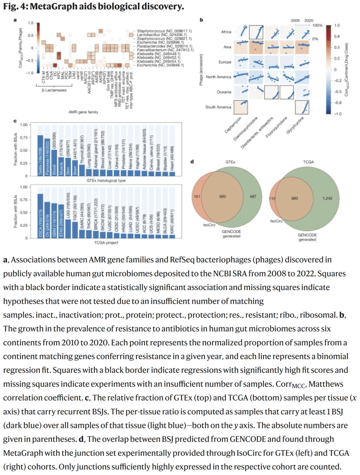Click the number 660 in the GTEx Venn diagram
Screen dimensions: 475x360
(x=222, y=196)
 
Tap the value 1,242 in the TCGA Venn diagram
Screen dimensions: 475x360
(x=327, y=198)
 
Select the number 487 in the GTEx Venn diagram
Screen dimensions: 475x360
(x=253, y=196)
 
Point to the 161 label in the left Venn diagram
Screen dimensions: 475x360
(x=197, y=196)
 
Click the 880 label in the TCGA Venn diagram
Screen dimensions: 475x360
(x=295, y=198)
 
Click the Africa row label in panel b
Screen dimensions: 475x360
(x=226, y=32)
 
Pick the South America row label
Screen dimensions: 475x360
(x=218, y=107)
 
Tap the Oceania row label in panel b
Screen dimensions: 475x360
(x=224, y=92)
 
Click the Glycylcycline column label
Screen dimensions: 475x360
(x=295, y=125)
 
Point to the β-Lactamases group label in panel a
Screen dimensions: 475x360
(x=54, y=90)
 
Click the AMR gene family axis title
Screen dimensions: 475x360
(x=83, y=112)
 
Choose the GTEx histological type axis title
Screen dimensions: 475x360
(x=106, y=180)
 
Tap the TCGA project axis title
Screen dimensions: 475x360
(x=106, y=243)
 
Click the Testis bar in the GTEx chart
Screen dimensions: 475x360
(x=40, y=155)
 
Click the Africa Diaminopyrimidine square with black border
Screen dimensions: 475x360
(x=256, y=32)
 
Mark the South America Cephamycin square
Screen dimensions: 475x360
(x=241, y=107)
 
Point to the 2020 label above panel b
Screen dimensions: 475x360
(x=309, y=20)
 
